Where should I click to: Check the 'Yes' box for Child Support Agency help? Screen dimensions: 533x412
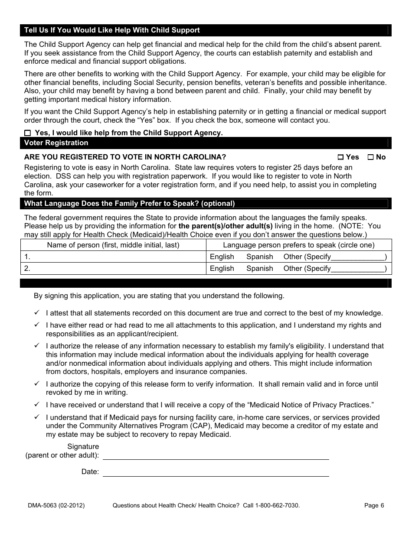click(x=28, y=133)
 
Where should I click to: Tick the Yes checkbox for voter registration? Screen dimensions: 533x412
click(x=340, y=157)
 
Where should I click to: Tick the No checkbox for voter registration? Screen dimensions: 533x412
click(x=370, y=157)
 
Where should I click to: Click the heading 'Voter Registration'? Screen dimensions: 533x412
click(x=56, y=143)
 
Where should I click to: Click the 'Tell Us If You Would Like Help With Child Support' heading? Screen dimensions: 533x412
click(x=112, y=30)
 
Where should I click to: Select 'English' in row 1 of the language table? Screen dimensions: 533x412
click(x=222, y=257)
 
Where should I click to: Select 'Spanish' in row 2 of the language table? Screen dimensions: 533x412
click(x=259, y=269)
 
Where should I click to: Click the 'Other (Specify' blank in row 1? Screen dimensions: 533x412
click(x=358, y=257)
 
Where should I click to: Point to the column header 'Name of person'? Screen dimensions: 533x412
click(x=113, y=245)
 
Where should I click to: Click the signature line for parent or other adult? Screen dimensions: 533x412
click(x=216, y=455)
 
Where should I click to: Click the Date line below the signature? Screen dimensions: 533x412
click(x=216, y=472)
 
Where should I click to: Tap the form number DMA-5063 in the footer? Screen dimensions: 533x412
click(x=54, y=505)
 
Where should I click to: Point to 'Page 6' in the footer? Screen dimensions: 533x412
click(x=374, y=505)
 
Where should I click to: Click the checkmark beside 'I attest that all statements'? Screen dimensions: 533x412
click(x=37, y=312)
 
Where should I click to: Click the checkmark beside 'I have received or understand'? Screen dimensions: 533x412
click(x=37, y=404)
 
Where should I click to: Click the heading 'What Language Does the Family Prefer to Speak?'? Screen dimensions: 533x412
click(x=129, y=204)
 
